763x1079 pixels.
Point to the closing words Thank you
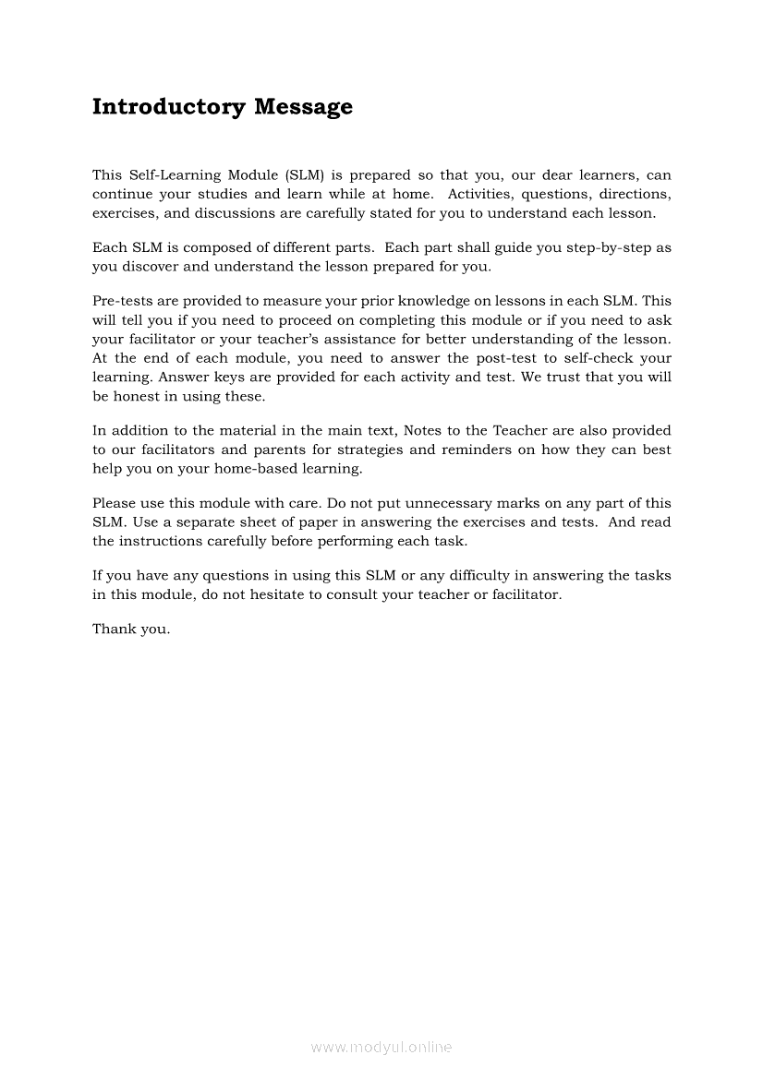click(x=131, y=629)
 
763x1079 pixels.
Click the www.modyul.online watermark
click(x=381, y=1047)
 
